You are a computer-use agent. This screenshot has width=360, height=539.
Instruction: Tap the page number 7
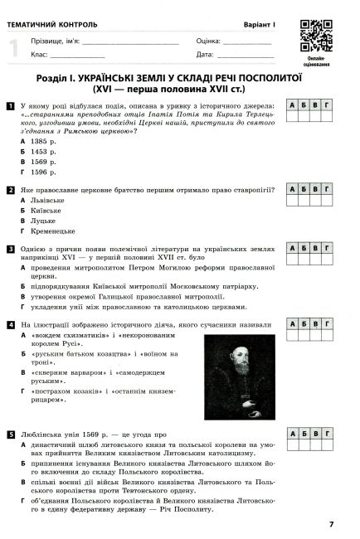(331, 523)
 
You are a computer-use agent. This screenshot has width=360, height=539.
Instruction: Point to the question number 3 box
(9, 248)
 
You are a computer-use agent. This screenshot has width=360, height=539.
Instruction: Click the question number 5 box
(9, 434)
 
